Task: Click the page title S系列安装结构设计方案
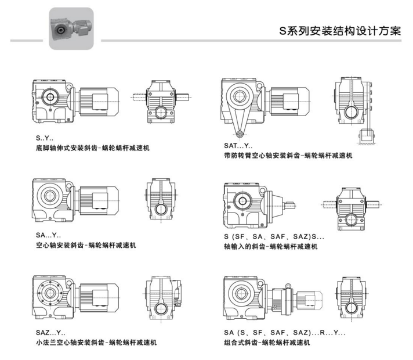coord(340,31)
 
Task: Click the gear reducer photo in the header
coord(71,28)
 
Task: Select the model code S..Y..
coord(45,138)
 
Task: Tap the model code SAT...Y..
coord(238,146)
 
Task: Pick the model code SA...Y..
coord(48,235)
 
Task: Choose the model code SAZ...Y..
coord(50,333)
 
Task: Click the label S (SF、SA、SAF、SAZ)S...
coord(274,236)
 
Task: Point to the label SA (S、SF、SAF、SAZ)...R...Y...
coord(285,333)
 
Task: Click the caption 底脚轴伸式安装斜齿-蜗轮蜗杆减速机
coord(93,148)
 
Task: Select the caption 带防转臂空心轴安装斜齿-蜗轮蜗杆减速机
coord(288,156)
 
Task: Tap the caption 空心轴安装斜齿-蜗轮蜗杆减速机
coord(86,245)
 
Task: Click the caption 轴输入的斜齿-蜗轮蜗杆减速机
coord(271,247)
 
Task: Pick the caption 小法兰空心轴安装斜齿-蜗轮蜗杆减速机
coord(96,343)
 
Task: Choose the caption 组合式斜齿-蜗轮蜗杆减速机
coord(267,343)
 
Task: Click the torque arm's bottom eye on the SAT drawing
coord(240,134)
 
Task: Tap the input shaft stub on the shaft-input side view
coord(289,205)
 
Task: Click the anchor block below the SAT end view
coord(367,136)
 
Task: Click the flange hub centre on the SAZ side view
coord(50,293)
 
